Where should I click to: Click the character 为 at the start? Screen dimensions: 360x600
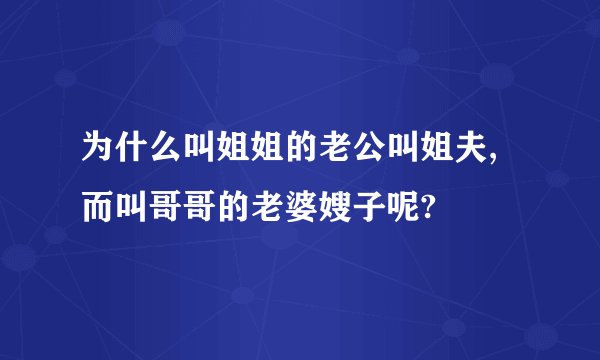[x=98, y=151]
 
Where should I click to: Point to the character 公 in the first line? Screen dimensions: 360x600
[x=370, y=151]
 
